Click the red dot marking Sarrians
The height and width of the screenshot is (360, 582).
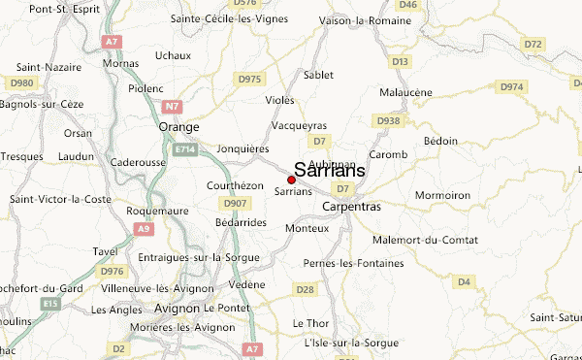[x=292, y=180]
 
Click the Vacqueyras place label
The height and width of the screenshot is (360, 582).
[x=300, y=126]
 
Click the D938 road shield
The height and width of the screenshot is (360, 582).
[x=388, y=121]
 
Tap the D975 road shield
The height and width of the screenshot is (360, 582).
[x=249, y=79]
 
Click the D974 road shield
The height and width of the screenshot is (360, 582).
[x=512, y=87]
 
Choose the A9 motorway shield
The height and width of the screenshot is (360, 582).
[x=144, y=228]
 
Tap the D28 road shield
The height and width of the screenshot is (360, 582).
[x=306, y=289]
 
